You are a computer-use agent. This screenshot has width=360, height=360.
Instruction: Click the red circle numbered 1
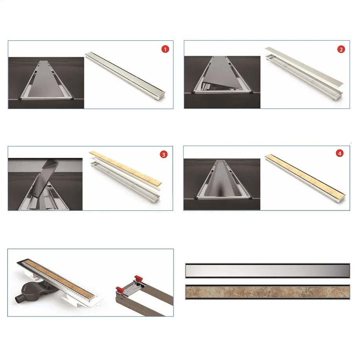[165, 49]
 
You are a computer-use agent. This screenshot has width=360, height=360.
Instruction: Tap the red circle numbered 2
[341, 49]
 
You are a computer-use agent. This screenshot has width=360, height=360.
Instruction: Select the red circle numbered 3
[163, 155]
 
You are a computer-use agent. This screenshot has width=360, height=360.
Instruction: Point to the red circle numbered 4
[340, 154]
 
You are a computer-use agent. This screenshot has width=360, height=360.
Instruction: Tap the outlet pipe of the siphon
[19, 300]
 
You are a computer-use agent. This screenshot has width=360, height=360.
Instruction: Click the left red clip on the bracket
[120, 290]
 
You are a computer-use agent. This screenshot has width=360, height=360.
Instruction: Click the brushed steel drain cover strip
[267, 271]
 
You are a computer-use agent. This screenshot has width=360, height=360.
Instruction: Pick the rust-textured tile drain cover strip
[267, 292]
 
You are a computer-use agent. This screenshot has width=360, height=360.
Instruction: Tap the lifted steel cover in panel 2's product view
[304, 66]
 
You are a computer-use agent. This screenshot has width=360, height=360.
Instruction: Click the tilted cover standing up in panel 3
[45, 178]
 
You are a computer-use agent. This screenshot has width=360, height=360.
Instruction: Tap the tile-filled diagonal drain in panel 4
[305, 179]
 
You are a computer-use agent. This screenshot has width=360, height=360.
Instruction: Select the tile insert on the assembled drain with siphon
[60, 278]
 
